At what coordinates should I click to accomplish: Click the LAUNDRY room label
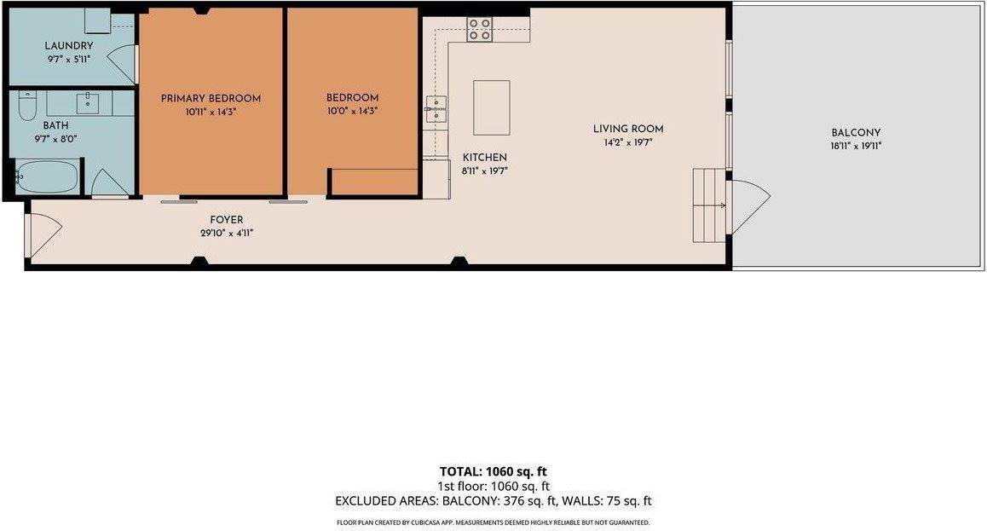[68, 46]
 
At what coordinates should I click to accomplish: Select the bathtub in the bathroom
[49, 176]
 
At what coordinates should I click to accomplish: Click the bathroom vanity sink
[89, 103]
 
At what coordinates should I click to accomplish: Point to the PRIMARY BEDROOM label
[211, 99]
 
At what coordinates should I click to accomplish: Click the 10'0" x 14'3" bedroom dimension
[353, 112]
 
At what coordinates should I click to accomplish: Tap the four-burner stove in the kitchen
[479, 30]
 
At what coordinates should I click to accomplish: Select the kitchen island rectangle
[492, 107]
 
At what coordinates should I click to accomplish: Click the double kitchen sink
[436, 109]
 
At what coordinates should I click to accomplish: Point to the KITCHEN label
[485, 158]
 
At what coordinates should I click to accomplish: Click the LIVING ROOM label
[628, 129]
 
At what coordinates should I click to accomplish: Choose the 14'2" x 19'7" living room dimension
[628, 143]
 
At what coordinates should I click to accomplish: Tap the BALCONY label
[856, 133]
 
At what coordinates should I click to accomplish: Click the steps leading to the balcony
[709, 205]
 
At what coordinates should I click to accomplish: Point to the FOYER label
[227, 220]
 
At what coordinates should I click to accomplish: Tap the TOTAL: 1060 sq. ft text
[493, 472]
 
